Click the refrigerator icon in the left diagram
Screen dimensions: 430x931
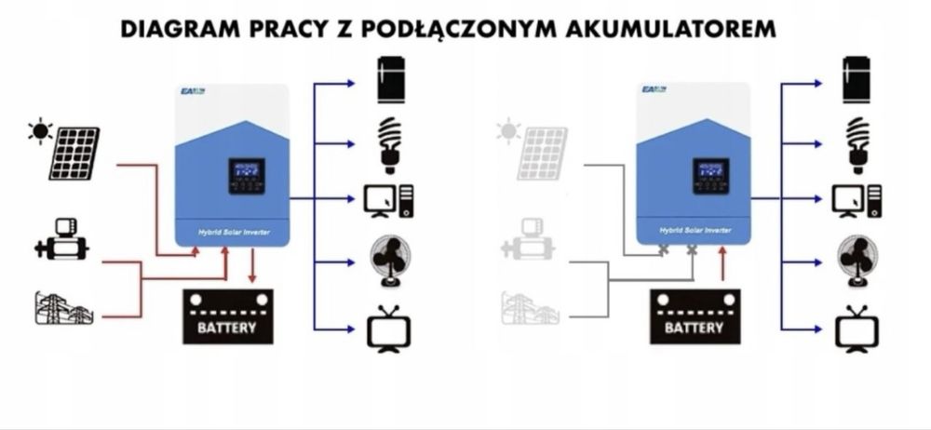pyautogui.click(x=390, y=80)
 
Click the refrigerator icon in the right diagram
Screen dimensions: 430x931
pyautogui.click(x=857, y=80)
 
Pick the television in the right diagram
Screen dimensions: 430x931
pyautogui.click(x=856, y=328)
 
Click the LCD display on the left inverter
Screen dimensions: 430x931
pyautogui.click(x=246, y=176)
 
